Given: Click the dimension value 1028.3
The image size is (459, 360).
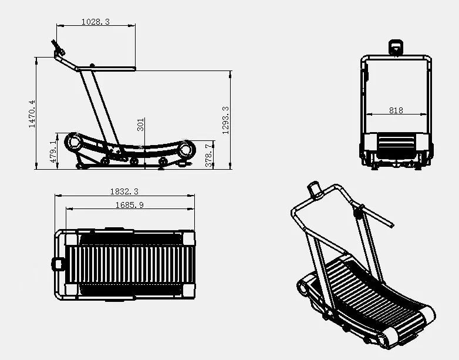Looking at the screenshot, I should pyautogui.click(x=96, y=22).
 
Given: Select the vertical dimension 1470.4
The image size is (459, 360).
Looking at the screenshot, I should pyautogui.click(x=32, y=113).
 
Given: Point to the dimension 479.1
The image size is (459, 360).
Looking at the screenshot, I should pyautogui.click(x=53, y=151).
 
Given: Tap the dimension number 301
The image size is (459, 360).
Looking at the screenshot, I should pyautogui.click(x=141, y=125).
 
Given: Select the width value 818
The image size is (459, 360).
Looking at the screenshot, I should pyautogui.click(x=396, y=110).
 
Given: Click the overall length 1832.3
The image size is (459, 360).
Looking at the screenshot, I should pyautogui.click(x=124, y=191).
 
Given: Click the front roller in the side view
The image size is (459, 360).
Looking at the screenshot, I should pyautogui.click(x=75, y=142).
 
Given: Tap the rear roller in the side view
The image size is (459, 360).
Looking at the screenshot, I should pyautogui.click(x=186, y=149).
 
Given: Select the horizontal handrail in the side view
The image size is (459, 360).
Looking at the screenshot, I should pyautogui.click(x=112, y=68).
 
